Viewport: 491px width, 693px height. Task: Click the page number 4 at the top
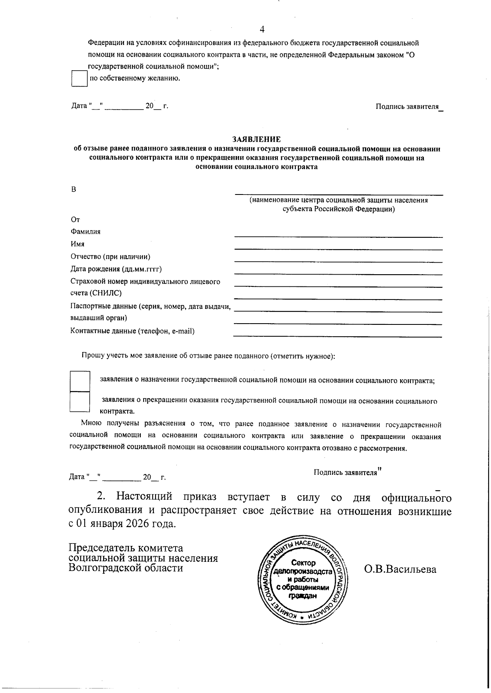tap(262, 29)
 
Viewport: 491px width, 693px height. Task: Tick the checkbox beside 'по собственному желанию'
tap(79, 78)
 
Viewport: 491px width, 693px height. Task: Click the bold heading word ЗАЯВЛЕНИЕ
tap(256, 140)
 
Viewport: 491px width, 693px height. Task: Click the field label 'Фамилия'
tap(86, 232)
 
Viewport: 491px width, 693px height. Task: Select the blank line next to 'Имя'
tap(338, 249)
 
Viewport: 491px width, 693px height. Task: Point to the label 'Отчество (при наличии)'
tap(110, 257)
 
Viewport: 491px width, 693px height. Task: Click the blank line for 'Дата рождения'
tap(338, 274)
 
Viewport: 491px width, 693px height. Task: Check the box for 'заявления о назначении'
tap(79, 381)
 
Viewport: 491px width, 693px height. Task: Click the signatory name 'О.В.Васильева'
tap(400, 569)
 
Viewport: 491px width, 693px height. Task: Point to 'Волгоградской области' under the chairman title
tap(126, 568)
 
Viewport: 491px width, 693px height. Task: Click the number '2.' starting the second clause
tap(101, 497)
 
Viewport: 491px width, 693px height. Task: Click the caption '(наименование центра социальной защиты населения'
tap(339, 200)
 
